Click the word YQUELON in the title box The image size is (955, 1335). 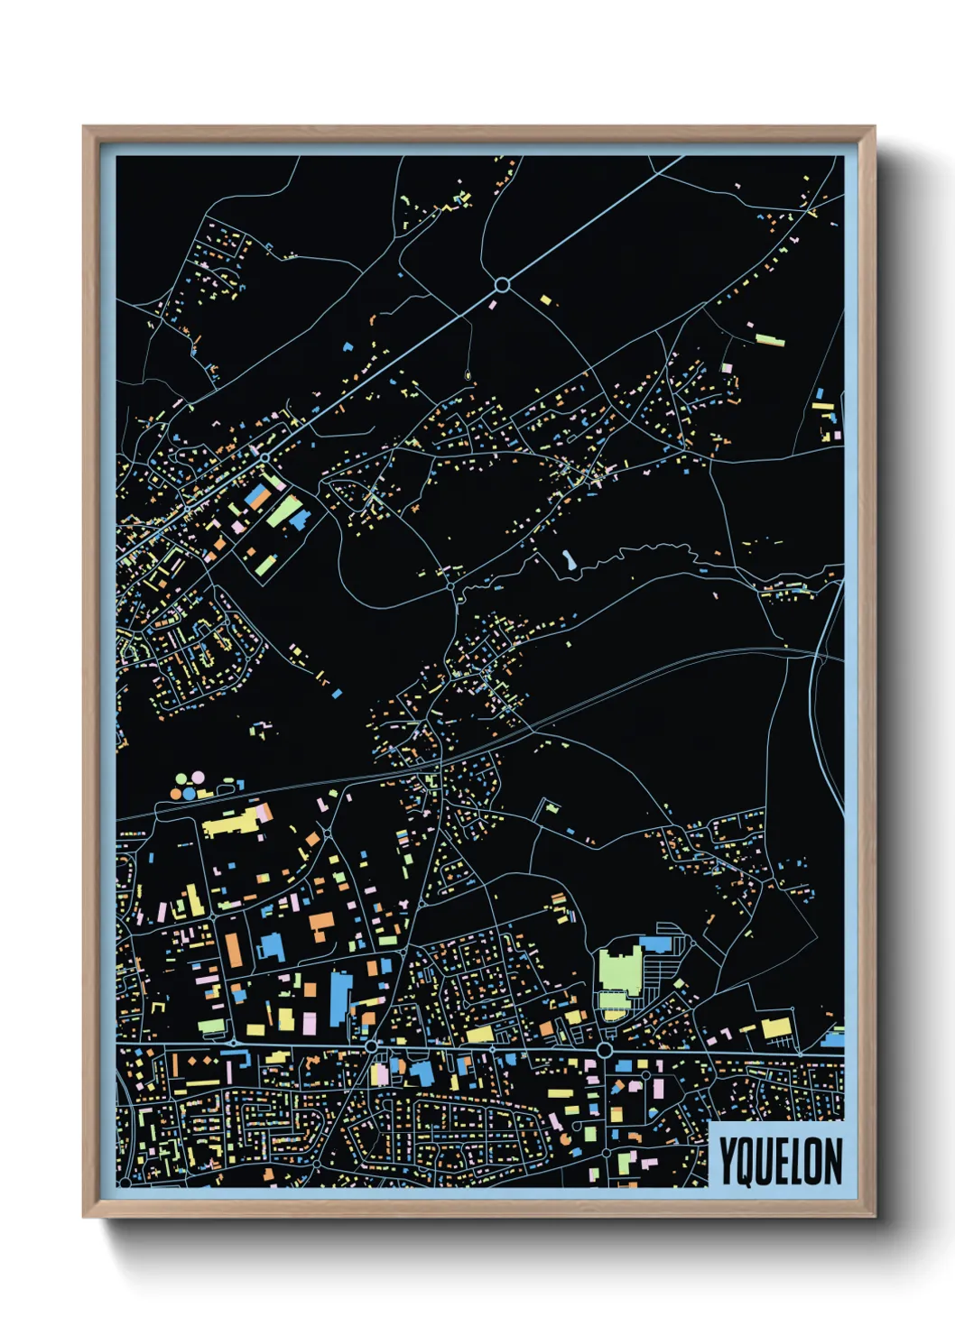coord(781,1162)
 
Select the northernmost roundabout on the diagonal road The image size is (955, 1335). coord(502,285)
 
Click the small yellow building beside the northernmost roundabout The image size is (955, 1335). coord(544,299)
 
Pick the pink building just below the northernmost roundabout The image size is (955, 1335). coord(493,305)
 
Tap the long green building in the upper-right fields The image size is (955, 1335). coord(769,340)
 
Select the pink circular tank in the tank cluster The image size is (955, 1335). coord(198,777)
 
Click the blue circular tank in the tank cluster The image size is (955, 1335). coord(190,793)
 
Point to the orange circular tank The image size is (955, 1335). coord(176,794)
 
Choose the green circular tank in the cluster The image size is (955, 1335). coord(181,778)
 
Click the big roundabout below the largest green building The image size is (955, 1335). coord(604,1051)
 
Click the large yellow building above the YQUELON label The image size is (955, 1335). coord(775,1027)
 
